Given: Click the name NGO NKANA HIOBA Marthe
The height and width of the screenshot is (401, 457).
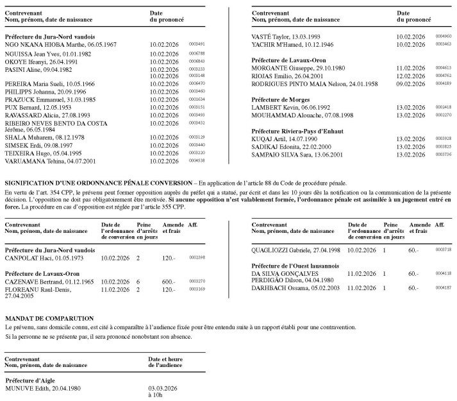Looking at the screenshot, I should (x=61, y=44).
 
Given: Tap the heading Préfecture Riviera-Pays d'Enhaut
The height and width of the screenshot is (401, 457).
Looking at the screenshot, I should (x=301, y=131).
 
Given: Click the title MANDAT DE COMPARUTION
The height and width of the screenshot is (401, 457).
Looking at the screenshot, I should (x=49, y=318).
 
